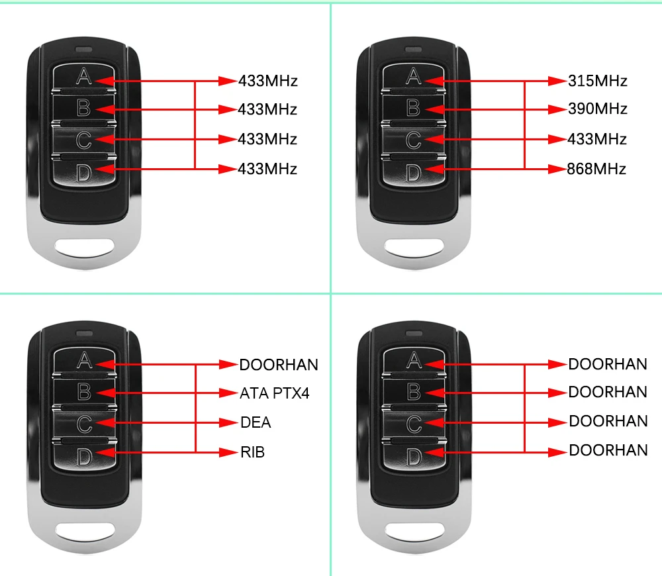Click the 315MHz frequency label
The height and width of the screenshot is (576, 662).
coord(597,81)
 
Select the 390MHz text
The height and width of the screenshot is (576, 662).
coord(597,109)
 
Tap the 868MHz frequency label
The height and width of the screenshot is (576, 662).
coord(596,169)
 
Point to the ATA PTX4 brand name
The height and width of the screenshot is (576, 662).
coord(274,393)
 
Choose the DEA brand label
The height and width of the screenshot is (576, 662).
coord(255,422)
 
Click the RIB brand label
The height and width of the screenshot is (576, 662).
coord(252,453)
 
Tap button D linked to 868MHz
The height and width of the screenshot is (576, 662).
coord(413,173)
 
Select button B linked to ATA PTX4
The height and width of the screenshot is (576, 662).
coord(84,392)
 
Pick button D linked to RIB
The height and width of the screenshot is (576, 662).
coord(84,456)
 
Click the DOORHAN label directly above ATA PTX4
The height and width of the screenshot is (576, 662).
coord(278,365)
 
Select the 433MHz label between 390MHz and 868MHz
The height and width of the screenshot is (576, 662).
coord(596,139)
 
